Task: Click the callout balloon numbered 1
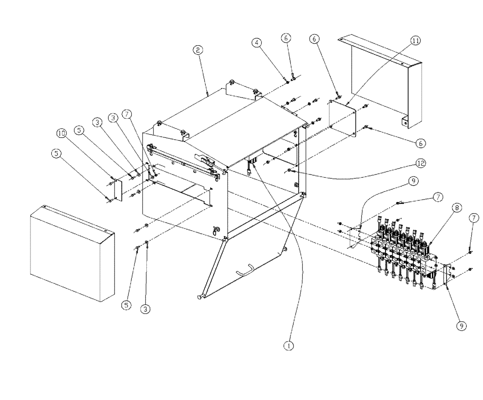click(x=288, y=346)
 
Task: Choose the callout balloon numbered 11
click(x=415, y=41)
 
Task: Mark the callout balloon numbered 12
click(x=420, y=163)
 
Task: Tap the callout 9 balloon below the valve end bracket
click(x=462, y=326)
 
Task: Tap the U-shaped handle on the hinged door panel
click(x=249, y=268)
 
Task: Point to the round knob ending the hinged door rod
click(x=199, y=296)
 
